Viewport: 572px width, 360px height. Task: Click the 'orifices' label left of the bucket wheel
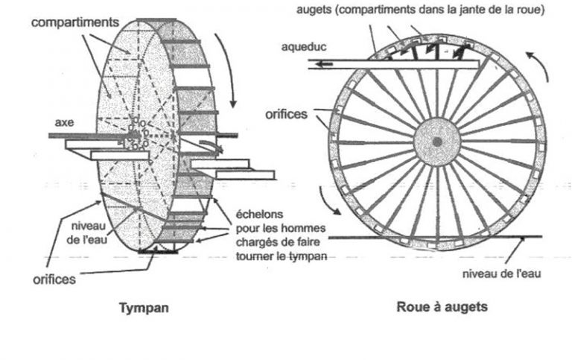(x=287, y=116)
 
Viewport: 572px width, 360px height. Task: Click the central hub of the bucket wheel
(x=436, y=142)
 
